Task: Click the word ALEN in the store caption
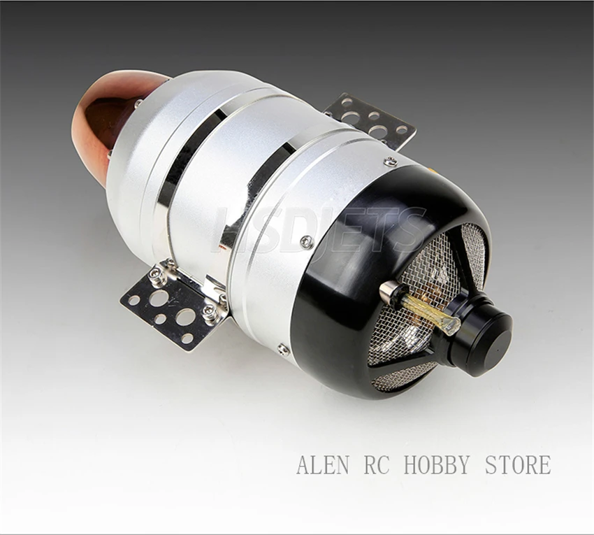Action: click(x=323, y=464)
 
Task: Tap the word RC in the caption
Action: click(x=377, y=464)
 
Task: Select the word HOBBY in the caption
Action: click(x=437, y=464)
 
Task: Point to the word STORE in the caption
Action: click(x=518, y=464)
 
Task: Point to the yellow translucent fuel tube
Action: click(x=430, y=311)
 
